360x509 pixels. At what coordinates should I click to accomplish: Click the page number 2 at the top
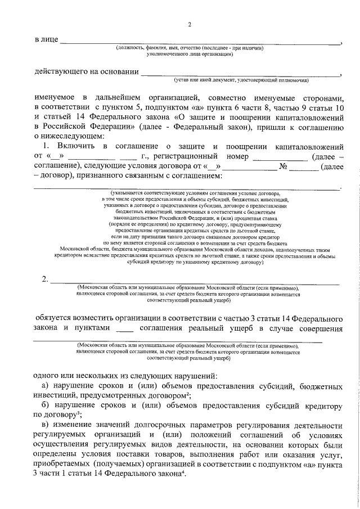pos(190,24)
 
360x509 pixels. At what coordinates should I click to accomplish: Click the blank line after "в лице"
pos(200,42)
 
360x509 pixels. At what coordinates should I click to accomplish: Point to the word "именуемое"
pos(54,97)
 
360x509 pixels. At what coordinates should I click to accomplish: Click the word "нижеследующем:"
pos(71,136)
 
